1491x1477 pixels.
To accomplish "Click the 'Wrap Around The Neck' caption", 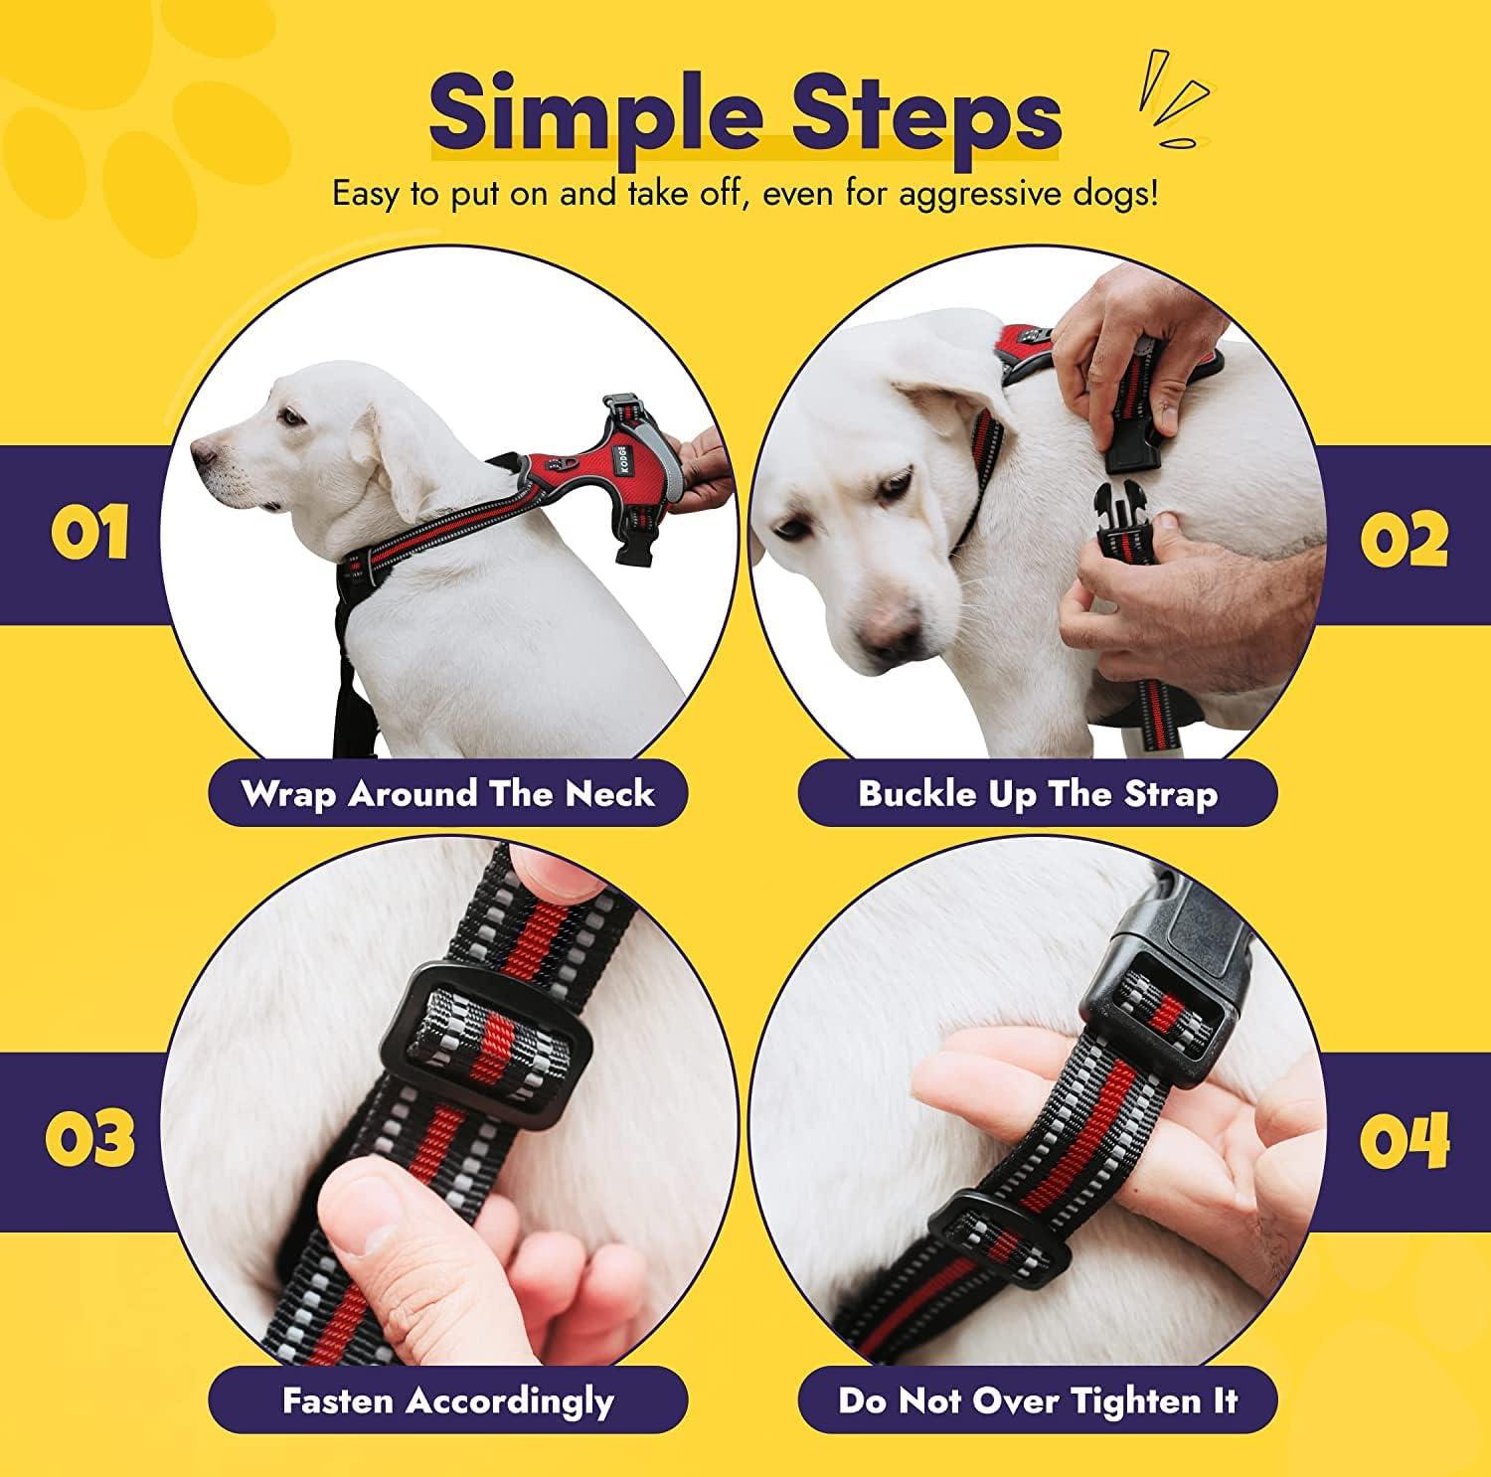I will [447, 794].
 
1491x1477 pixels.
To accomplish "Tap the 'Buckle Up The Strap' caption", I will [1037, 794].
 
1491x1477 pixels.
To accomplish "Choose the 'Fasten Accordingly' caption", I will [447, 1400].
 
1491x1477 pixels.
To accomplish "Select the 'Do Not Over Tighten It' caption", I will [1037, 1400].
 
